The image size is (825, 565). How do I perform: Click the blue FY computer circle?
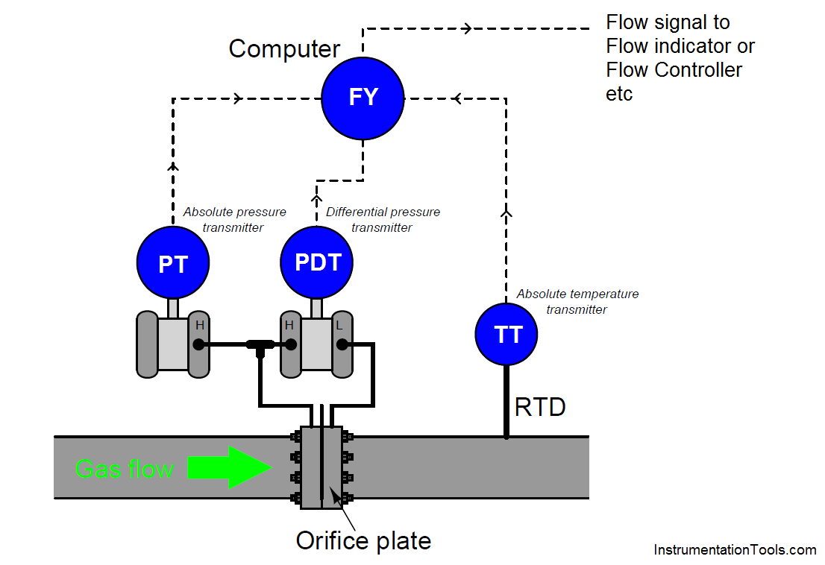363,98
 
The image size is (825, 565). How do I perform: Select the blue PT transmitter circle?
173,262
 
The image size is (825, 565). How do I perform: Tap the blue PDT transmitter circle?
317,262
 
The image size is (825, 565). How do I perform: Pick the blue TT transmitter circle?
506,334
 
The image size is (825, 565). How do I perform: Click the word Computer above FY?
284,49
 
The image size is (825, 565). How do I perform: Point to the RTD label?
540,407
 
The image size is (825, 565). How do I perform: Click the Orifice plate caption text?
363,541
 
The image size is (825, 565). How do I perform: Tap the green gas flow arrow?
230,467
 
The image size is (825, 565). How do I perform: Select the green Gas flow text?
124,468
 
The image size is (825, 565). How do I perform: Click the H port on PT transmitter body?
198,345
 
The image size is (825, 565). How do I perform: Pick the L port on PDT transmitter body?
342,345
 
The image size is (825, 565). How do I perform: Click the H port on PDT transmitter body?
290,345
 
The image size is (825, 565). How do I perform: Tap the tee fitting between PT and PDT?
260,347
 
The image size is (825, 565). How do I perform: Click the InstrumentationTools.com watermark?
735,550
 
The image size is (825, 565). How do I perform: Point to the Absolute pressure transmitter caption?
234,220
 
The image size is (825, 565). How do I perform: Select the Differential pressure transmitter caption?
383,220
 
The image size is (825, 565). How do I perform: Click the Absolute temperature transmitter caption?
577,302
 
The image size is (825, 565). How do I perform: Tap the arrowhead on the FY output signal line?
467,28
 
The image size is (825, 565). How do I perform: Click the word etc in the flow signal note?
619,94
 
